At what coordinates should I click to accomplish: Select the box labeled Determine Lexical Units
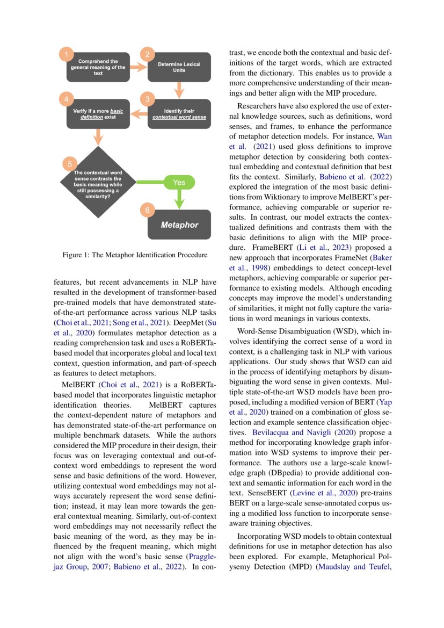pos(179,67)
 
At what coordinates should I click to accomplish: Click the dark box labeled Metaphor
pos(179,225)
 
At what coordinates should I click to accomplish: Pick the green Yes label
pos(179,183)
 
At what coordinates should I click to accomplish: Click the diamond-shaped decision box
pos(98,184)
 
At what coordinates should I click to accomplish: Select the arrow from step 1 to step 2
pos(139,67)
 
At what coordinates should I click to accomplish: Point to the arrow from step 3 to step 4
pos(139,114)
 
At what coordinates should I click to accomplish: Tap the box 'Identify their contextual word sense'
pos(179,114)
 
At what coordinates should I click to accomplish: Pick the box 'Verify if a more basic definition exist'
pos(98,114)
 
